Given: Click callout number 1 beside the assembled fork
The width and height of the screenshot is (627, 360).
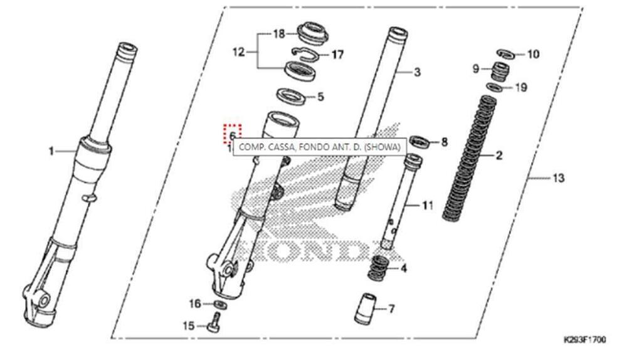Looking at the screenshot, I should click(x=53, y=151).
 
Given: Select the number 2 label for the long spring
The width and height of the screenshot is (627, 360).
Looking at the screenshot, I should click(x=499, y=155).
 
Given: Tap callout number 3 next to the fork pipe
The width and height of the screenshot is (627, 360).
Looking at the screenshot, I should click(x=418, y=73).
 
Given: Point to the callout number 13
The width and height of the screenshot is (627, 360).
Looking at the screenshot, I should click(x=558, y=178).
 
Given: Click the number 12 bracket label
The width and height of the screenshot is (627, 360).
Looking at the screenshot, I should click(x=238, y=53).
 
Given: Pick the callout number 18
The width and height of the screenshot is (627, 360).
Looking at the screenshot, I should click(x=278, y=33).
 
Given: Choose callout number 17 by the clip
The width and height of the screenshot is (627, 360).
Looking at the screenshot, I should click(x=338, y=55).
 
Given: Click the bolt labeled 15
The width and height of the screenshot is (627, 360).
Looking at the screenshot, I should click(x=213, y=325).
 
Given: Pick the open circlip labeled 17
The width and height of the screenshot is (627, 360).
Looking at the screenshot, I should click(x=305, y=54).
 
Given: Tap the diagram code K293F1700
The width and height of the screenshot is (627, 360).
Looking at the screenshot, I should click(x=585, y=339).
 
